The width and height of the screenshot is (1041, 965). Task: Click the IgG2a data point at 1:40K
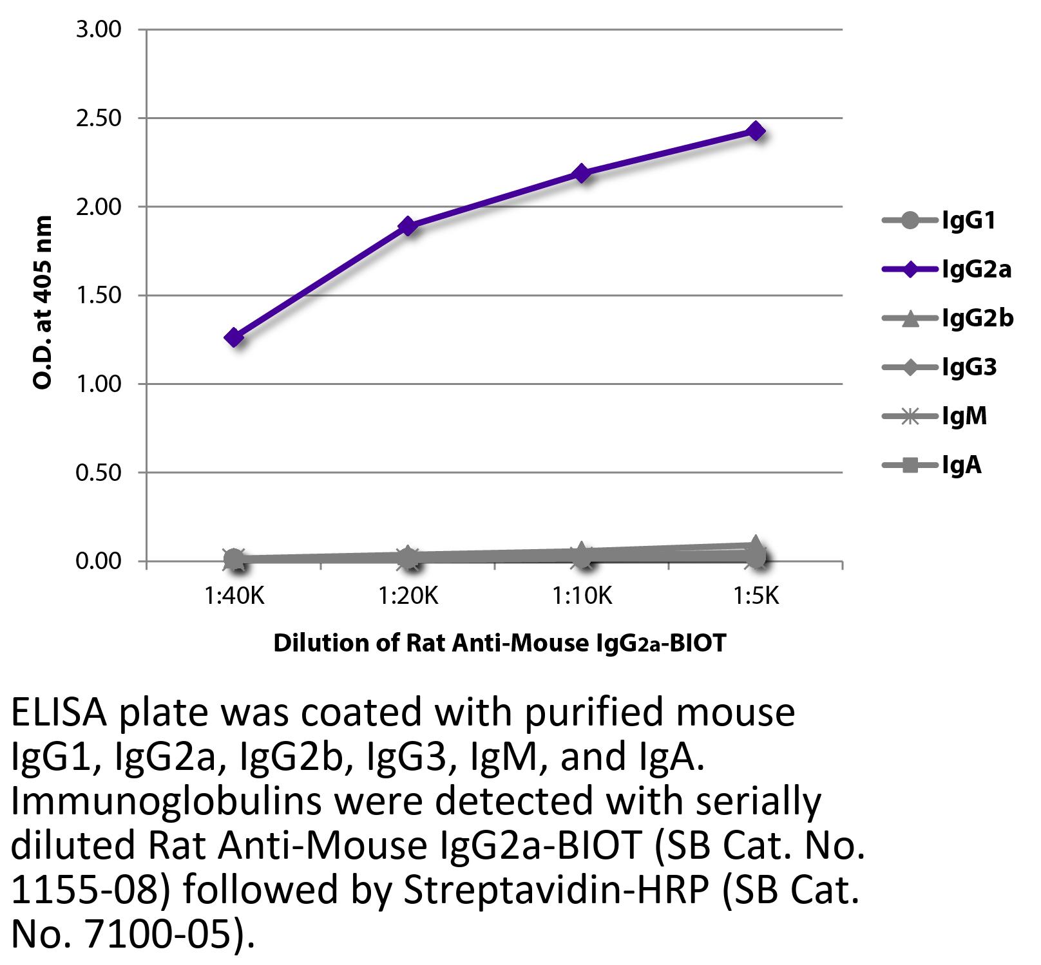234,337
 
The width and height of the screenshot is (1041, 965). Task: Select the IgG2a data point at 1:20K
408,226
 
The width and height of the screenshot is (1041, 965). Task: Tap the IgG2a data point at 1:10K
582,173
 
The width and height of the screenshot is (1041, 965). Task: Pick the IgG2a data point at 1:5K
756,131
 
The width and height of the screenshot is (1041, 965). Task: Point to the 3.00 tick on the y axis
99,30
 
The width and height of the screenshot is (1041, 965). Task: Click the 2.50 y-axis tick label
99,118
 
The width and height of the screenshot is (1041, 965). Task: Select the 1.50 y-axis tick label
99,295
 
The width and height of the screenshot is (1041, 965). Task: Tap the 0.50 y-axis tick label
99,473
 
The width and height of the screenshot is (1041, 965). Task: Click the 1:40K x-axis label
234,597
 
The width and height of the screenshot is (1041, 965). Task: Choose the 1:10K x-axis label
582,597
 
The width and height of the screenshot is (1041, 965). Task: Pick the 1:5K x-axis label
756,597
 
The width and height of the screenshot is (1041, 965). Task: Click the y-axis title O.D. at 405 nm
43,303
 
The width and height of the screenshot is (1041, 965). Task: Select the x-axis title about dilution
499,643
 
